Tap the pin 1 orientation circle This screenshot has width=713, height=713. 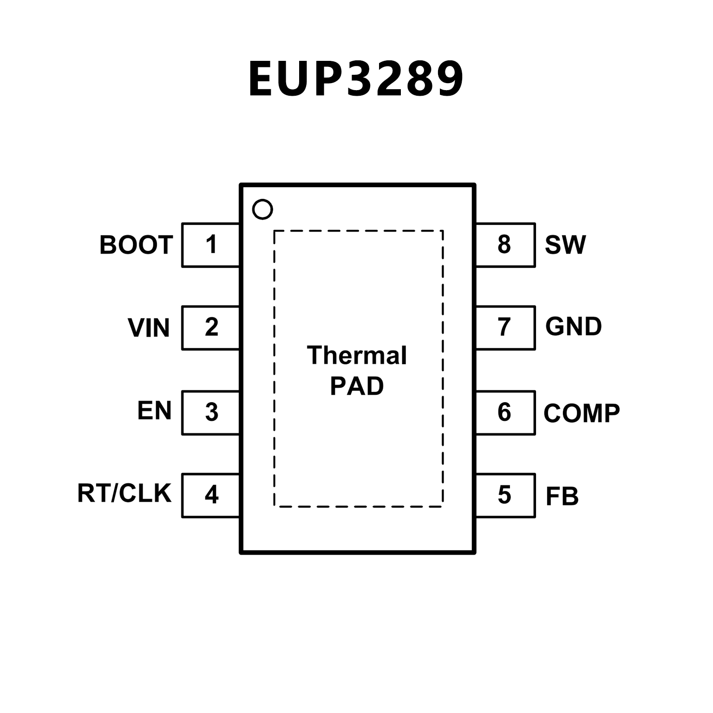[x=262, y=209]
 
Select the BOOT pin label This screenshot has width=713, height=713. [x=136, y=245]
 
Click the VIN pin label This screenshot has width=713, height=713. [x=149, y=327]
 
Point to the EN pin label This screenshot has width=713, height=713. [x=154, y=411]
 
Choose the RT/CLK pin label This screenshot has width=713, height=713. [x=124, y=493]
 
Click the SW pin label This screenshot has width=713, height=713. [x=565, y=245]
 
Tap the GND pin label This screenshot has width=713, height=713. [x=574, y=327]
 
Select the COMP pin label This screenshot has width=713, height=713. [x=582, y=412]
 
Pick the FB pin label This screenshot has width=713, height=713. [x=562, y=496]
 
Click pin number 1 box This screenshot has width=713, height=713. [x=211, y=245]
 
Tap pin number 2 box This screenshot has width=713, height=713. [x=211, y=327]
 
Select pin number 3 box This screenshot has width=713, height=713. [x=211, y=412]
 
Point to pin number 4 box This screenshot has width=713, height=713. [x=211, y=495]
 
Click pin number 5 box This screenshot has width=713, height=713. [x=505, y=495]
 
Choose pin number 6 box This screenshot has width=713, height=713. [x=505, y=412]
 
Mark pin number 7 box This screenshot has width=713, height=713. [x=505, y=327]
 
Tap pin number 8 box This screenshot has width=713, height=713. [x=505, y=245]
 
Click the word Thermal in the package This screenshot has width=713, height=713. [x=357, y=355]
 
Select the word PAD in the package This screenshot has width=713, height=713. [x=357, y=386]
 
